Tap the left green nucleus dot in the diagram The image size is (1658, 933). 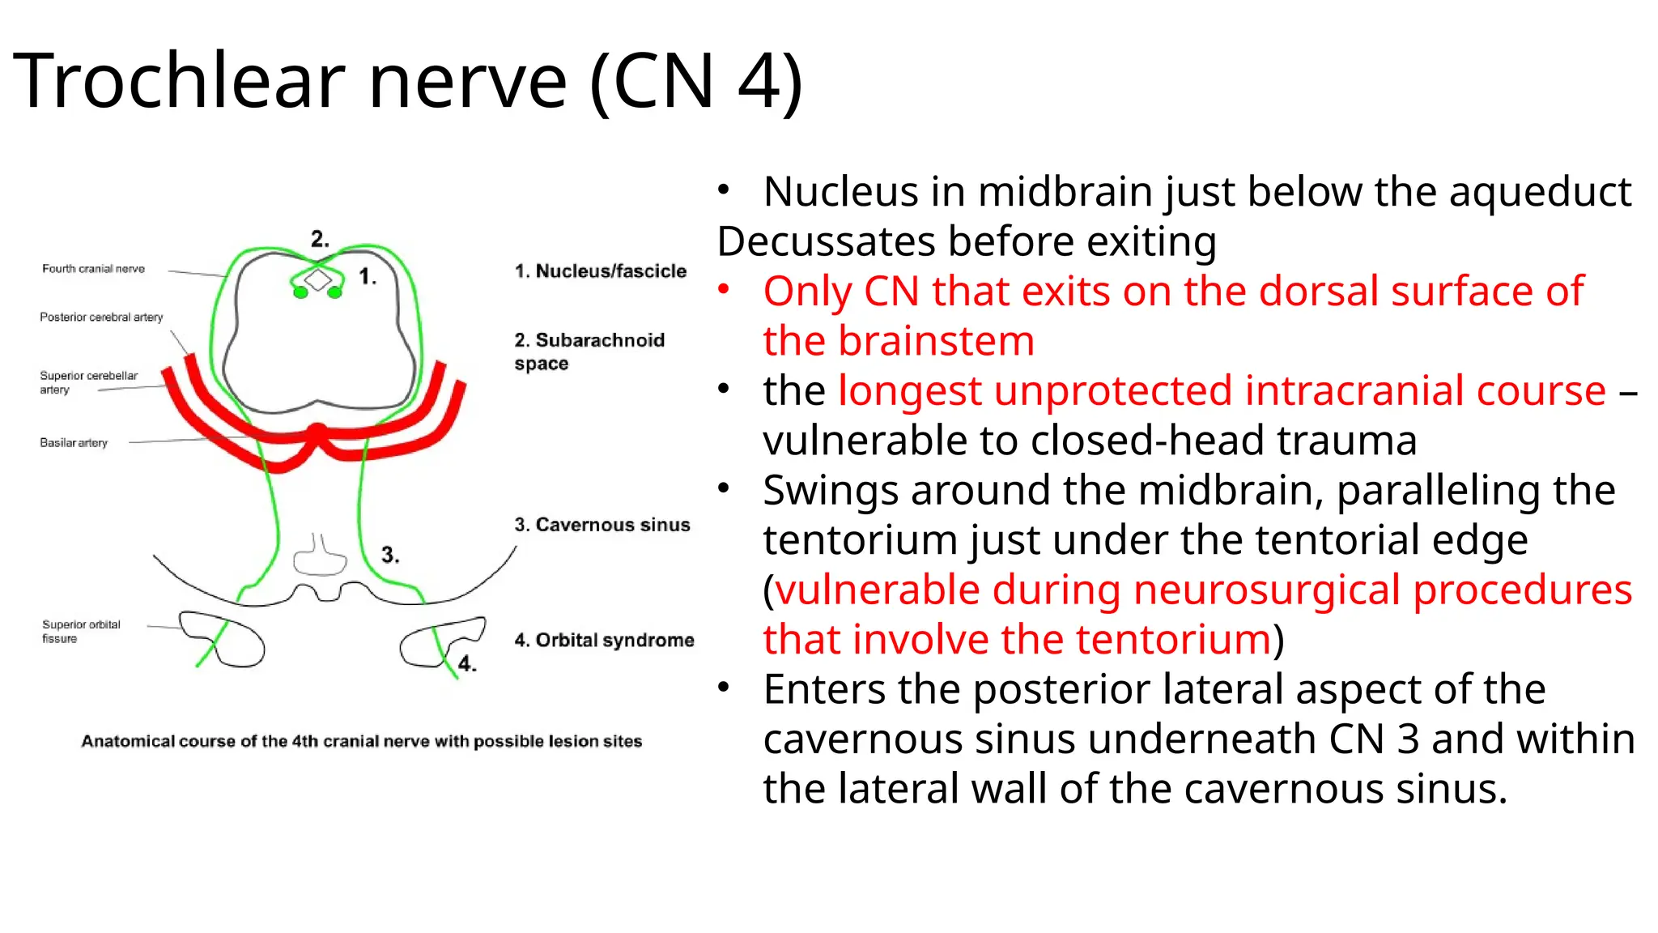[x=300, y=292]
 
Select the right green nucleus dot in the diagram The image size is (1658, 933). [x=334, y=292]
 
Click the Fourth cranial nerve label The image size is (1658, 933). [x=93, y=269]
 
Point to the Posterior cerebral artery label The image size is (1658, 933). [x=101, y=317]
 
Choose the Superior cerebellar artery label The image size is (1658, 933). [x=88, y=382]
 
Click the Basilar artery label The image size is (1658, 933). [x=74, y=443]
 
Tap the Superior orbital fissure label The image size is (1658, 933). [x=81, y=632]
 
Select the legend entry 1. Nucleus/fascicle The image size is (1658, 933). [x=601, y=271]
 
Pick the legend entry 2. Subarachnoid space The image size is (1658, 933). [x=589, y=351]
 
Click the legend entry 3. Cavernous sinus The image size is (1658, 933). [x=602, y=525]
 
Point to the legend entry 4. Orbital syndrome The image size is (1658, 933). [x=604, y=641]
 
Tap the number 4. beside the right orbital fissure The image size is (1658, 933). [x=467, y=664]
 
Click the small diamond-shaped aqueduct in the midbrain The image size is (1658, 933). [x=317, y=280]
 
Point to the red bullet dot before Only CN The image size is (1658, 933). [x=724, y=289]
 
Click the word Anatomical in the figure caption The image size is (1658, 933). [x=127, y=742]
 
